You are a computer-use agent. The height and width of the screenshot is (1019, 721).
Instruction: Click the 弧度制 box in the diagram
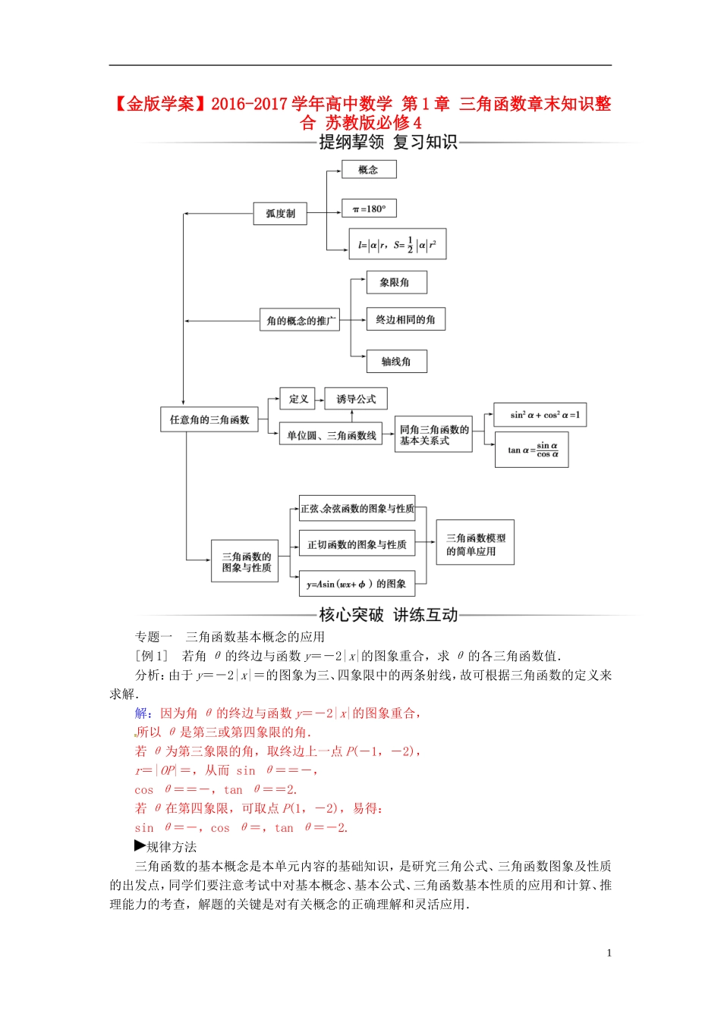280,214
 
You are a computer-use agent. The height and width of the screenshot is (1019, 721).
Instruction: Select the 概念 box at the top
368,169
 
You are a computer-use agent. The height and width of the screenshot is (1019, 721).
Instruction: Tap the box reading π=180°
369,209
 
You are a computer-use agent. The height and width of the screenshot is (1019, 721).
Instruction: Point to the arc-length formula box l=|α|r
397,244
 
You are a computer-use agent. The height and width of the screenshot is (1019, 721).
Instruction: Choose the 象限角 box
395,282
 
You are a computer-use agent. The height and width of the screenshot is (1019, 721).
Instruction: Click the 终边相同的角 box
405,319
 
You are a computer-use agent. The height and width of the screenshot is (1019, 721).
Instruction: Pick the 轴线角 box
396,361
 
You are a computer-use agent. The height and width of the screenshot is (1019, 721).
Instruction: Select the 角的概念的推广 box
300,320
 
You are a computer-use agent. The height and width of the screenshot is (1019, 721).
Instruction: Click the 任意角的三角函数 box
209,419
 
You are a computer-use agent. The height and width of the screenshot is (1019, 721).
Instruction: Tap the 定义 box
299,399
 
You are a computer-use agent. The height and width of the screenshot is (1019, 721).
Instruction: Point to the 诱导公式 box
356,399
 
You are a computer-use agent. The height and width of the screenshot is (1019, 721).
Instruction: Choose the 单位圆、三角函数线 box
331,435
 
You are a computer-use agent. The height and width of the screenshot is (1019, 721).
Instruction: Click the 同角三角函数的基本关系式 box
433,434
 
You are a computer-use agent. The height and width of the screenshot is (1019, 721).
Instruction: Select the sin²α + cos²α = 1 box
540,415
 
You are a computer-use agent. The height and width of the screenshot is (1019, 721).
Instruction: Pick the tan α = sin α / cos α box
531,450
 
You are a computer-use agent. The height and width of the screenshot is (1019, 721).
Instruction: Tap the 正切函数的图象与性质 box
357,544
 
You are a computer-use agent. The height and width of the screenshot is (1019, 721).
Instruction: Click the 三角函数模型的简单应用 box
475,543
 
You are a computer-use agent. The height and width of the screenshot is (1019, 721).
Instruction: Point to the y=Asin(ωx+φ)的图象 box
357,584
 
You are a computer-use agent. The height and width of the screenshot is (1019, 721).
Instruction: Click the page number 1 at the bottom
609,953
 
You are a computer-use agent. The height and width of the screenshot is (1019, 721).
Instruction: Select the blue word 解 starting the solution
141,713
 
